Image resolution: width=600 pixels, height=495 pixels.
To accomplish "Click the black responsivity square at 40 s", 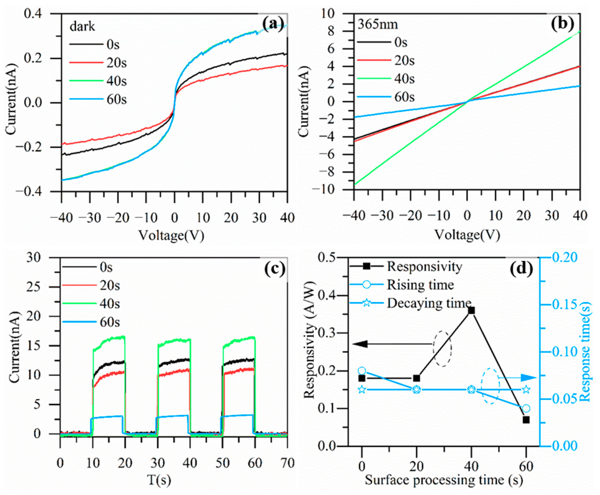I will click(x=471, y=310).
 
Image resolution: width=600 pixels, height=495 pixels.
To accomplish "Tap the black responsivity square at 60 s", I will click(x=526, y=420).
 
